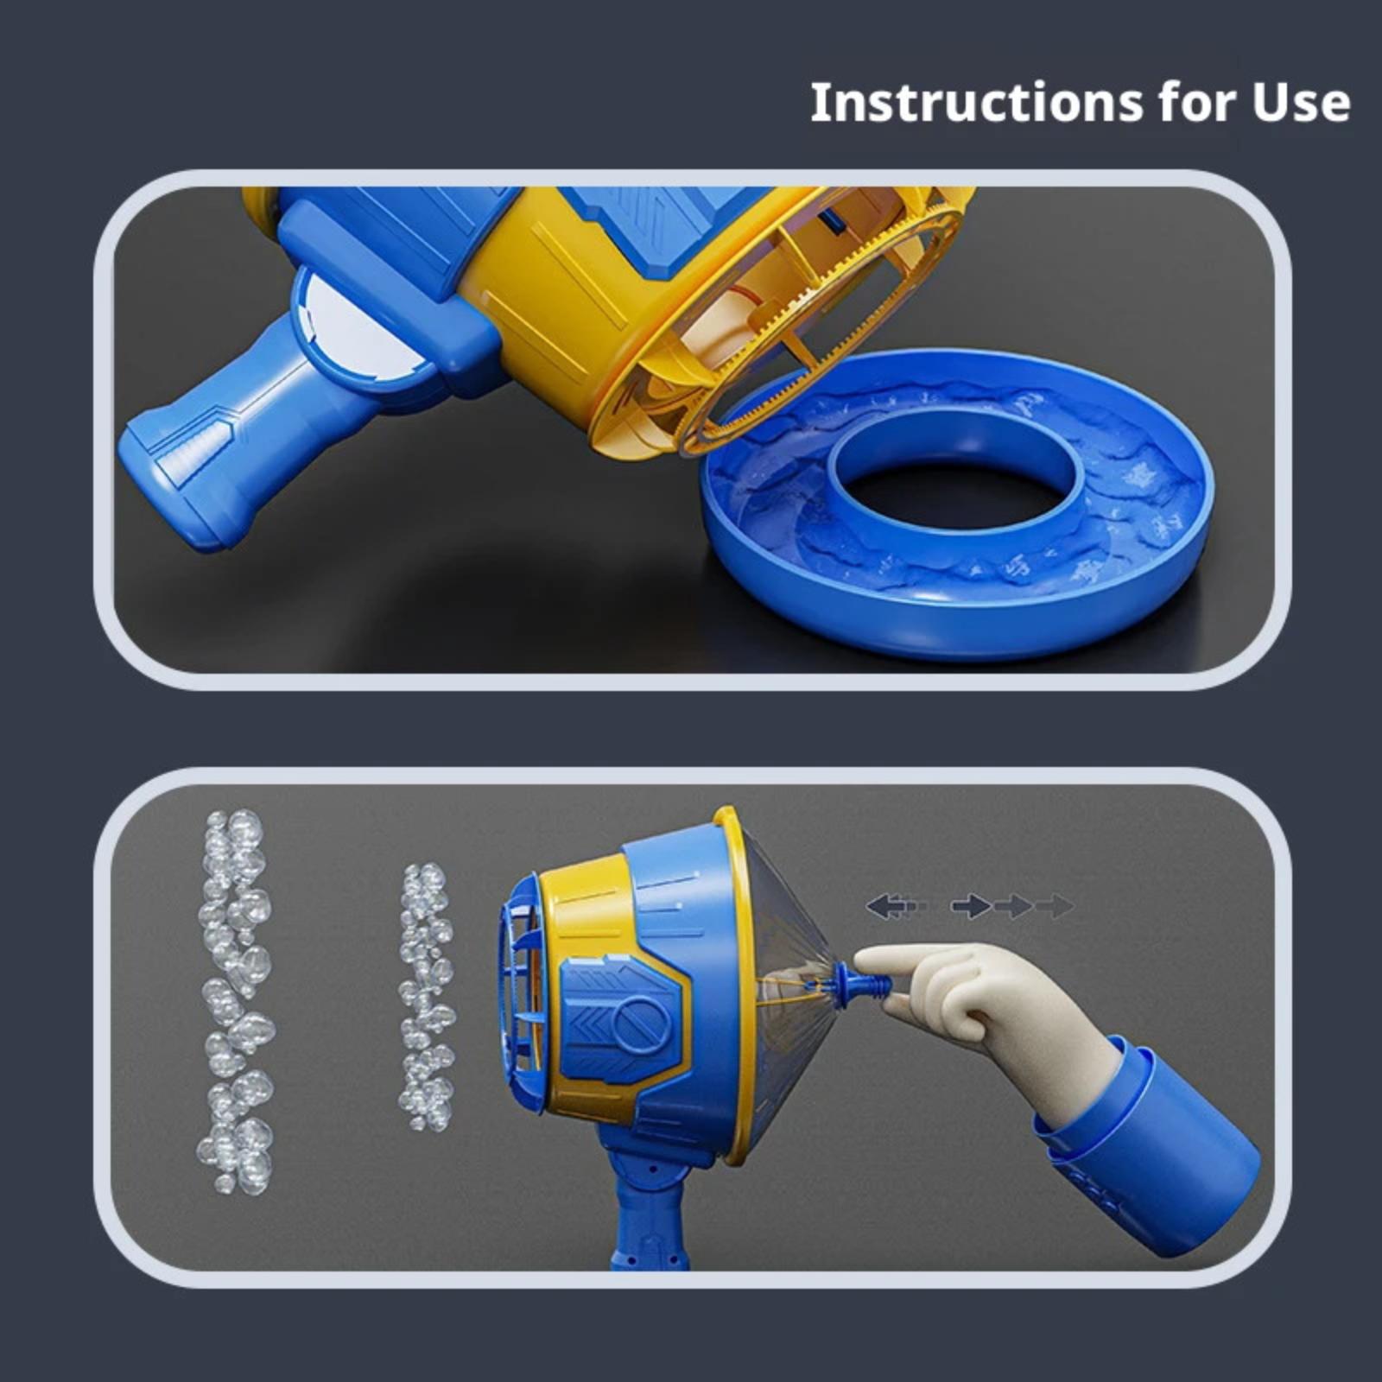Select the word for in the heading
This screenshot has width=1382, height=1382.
tap(1198, 103)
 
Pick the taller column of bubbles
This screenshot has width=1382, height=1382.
tap(235, 1002)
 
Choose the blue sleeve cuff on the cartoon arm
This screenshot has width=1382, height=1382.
tap(1149, 1144)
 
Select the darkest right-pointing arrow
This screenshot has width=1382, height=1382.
tap(971, 906)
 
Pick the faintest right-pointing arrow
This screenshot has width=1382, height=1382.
tap(1054, 906)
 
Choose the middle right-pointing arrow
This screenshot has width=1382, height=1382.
tap(1012, 906)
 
